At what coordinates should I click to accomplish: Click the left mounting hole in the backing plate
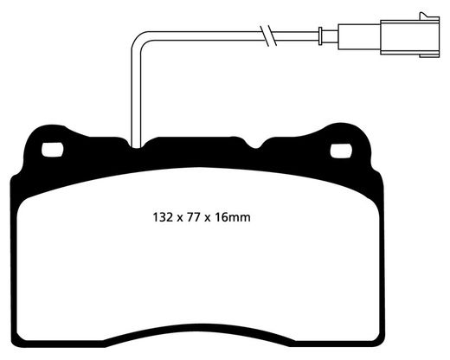coord(52,150)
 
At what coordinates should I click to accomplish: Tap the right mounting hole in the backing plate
coord(341,151)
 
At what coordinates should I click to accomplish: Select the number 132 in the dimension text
coord(164,217)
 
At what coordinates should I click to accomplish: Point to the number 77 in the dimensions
coord(193,217)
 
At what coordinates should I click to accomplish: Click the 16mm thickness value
coord(232,217)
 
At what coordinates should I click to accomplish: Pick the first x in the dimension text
coord(180,219)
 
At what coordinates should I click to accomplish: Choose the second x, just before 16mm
coord(208,219)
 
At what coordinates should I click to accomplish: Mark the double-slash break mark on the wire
coord(268,35)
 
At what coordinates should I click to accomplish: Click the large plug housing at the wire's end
coord(410,37)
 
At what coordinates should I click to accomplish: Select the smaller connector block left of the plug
coord(359,37)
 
